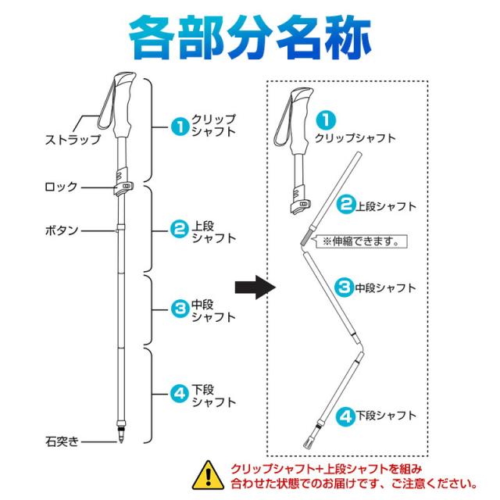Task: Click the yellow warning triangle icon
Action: tap(208, 474)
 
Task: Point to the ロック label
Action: tap(62, 186)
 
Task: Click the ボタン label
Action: tap(62, 230)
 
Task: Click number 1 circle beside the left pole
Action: tap(180, 125)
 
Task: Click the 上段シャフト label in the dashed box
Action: tap(385, 206)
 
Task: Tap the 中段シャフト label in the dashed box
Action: tap(385, 287)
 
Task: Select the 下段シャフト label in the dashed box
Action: tap(385, 415)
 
